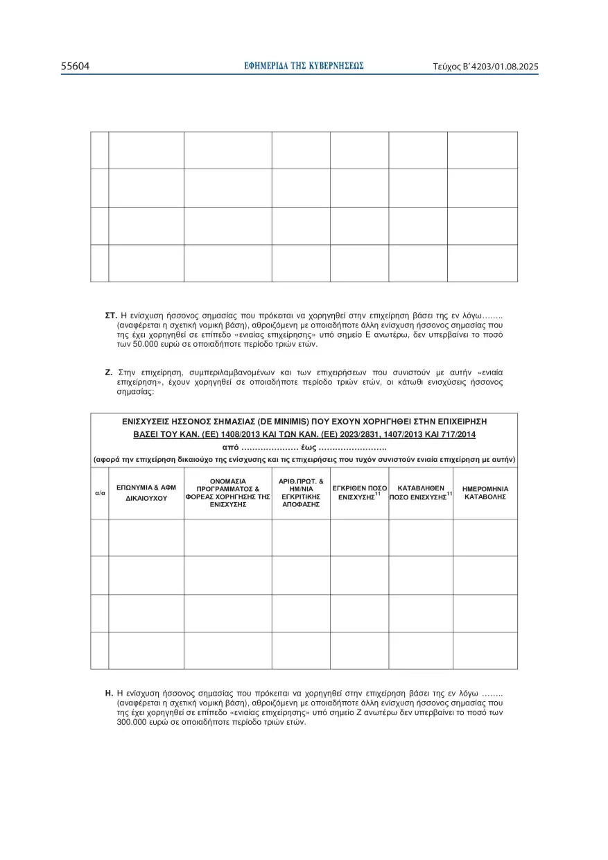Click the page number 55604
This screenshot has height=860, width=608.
click(x=76, y=67)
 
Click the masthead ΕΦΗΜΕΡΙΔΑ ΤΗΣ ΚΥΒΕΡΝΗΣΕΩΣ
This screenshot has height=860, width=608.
click(x=304, y=66)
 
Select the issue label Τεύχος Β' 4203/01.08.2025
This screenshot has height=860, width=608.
click(x=485, y=67)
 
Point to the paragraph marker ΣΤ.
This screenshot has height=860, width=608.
click(x=110, y=316)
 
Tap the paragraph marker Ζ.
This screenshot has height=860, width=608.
click(x=109, y=372)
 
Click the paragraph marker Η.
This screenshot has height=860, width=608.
click(x=109, y=693)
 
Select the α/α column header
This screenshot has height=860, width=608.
click(x=99, y=492)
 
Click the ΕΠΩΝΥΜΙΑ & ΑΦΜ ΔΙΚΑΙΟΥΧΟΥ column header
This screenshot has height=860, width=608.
click(x=146, y=492)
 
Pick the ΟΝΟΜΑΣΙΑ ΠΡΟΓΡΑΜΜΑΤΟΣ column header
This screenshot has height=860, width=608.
click(x=227, y=492)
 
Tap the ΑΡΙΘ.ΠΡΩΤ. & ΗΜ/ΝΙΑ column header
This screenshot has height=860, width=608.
click(x=301, y=492)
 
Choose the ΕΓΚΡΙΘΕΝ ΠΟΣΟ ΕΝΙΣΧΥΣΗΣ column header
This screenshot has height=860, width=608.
click(x=359, y=493)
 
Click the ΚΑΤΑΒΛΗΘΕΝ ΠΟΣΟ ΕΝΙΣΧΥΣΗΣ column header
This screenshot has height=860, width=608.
click(x=421, y=493)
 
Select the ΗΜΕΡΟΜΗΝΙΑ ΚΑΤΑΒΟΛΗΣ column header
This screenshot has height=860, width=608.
click(x=485, y=493)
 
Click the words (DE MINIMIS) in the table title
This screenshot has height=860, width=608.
click(x=283, y=421)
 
